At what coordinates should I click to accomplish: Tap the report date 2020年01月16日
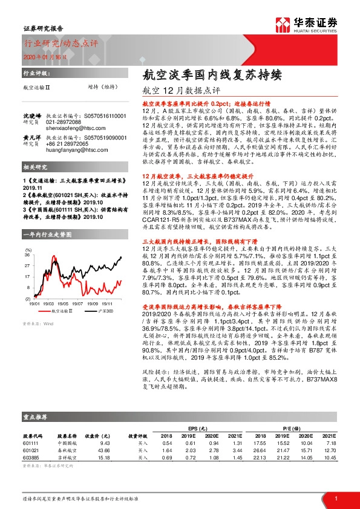click(41, 56)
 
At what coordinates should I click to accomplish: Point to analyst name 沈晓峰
click(33, 115)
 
